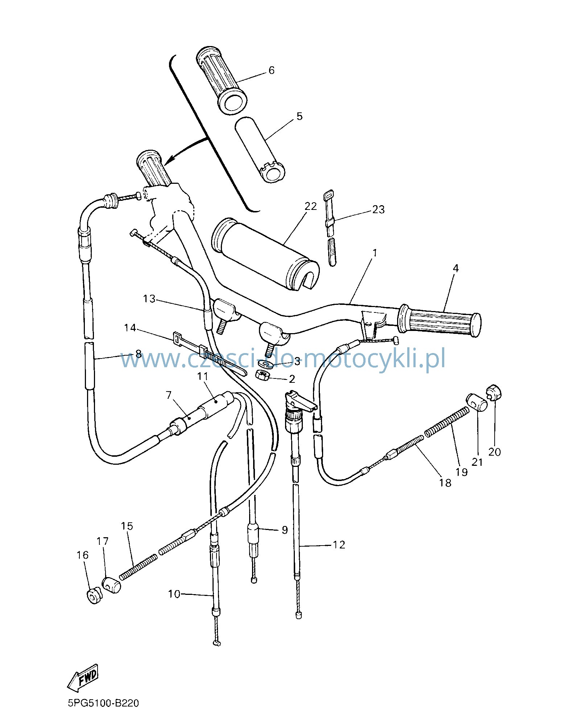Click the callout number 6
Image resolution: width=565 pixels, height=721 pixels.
(272, 70)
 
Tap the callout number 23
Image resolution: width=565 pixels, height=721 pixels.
(378, 210)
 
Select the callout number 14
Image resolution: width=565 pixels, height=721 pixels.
(130, 328)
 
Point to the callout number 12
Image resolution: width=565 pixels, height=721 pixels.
(339, 545)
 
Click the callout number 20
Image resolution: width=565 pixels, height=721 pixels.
(495, 452)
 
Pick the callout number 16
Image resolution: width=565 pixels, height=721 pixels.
(83, 555)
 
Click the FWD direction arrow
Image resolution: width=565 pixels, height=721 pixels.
(83, 677)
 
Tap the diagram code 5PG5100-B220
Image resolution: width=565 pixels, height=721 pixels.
(103, 703)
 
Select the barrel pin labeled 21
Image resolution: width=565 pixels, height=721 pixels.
(476, 402)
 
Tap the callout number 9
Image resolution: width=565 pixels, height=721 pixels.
(285, 530)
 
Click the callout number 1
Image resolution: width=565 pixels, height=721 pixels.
(375, 252)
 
